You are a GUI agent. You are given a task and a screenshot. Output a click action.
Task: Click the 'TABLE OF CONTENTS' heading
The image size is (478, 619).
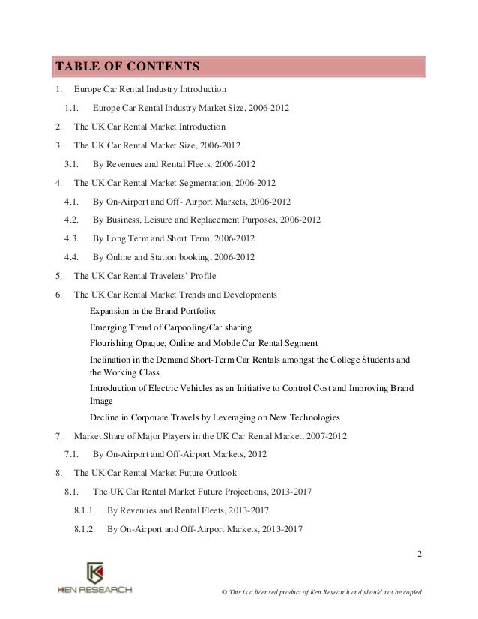(126, 66)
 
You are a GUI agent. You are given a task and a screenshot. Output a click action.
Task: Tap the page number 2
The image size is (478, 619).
(420, 555)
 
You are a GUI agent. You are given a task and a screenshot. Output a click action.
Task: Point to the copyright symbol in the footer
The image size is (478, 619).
(215, 592)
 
